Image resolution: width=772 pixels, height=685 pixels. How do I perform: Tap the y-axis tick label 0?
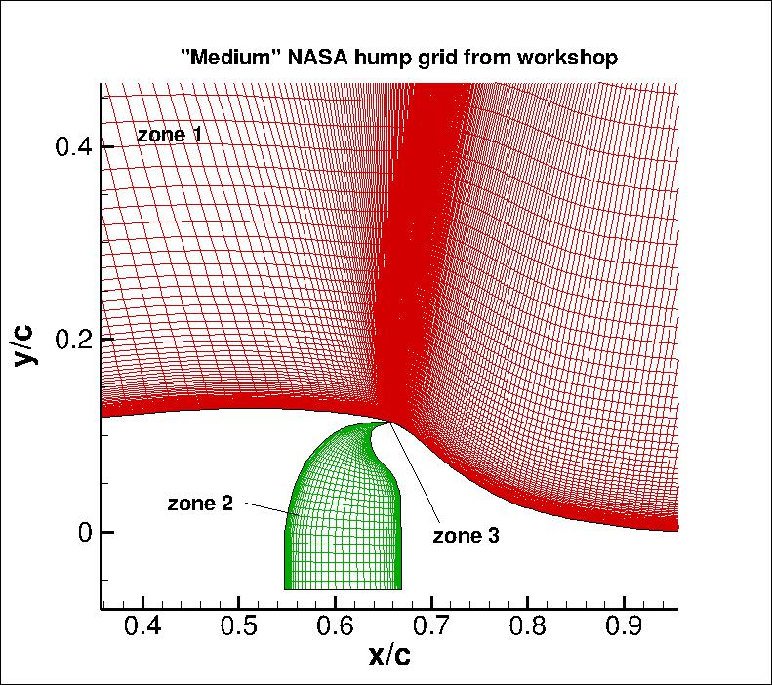[x=81, y=532]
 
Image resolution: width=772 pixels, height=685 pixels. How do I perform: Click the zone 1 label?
[x=169, y=135]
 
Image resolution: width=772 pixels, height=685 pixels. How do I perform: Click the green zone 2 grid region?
[x=342, y=507]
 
